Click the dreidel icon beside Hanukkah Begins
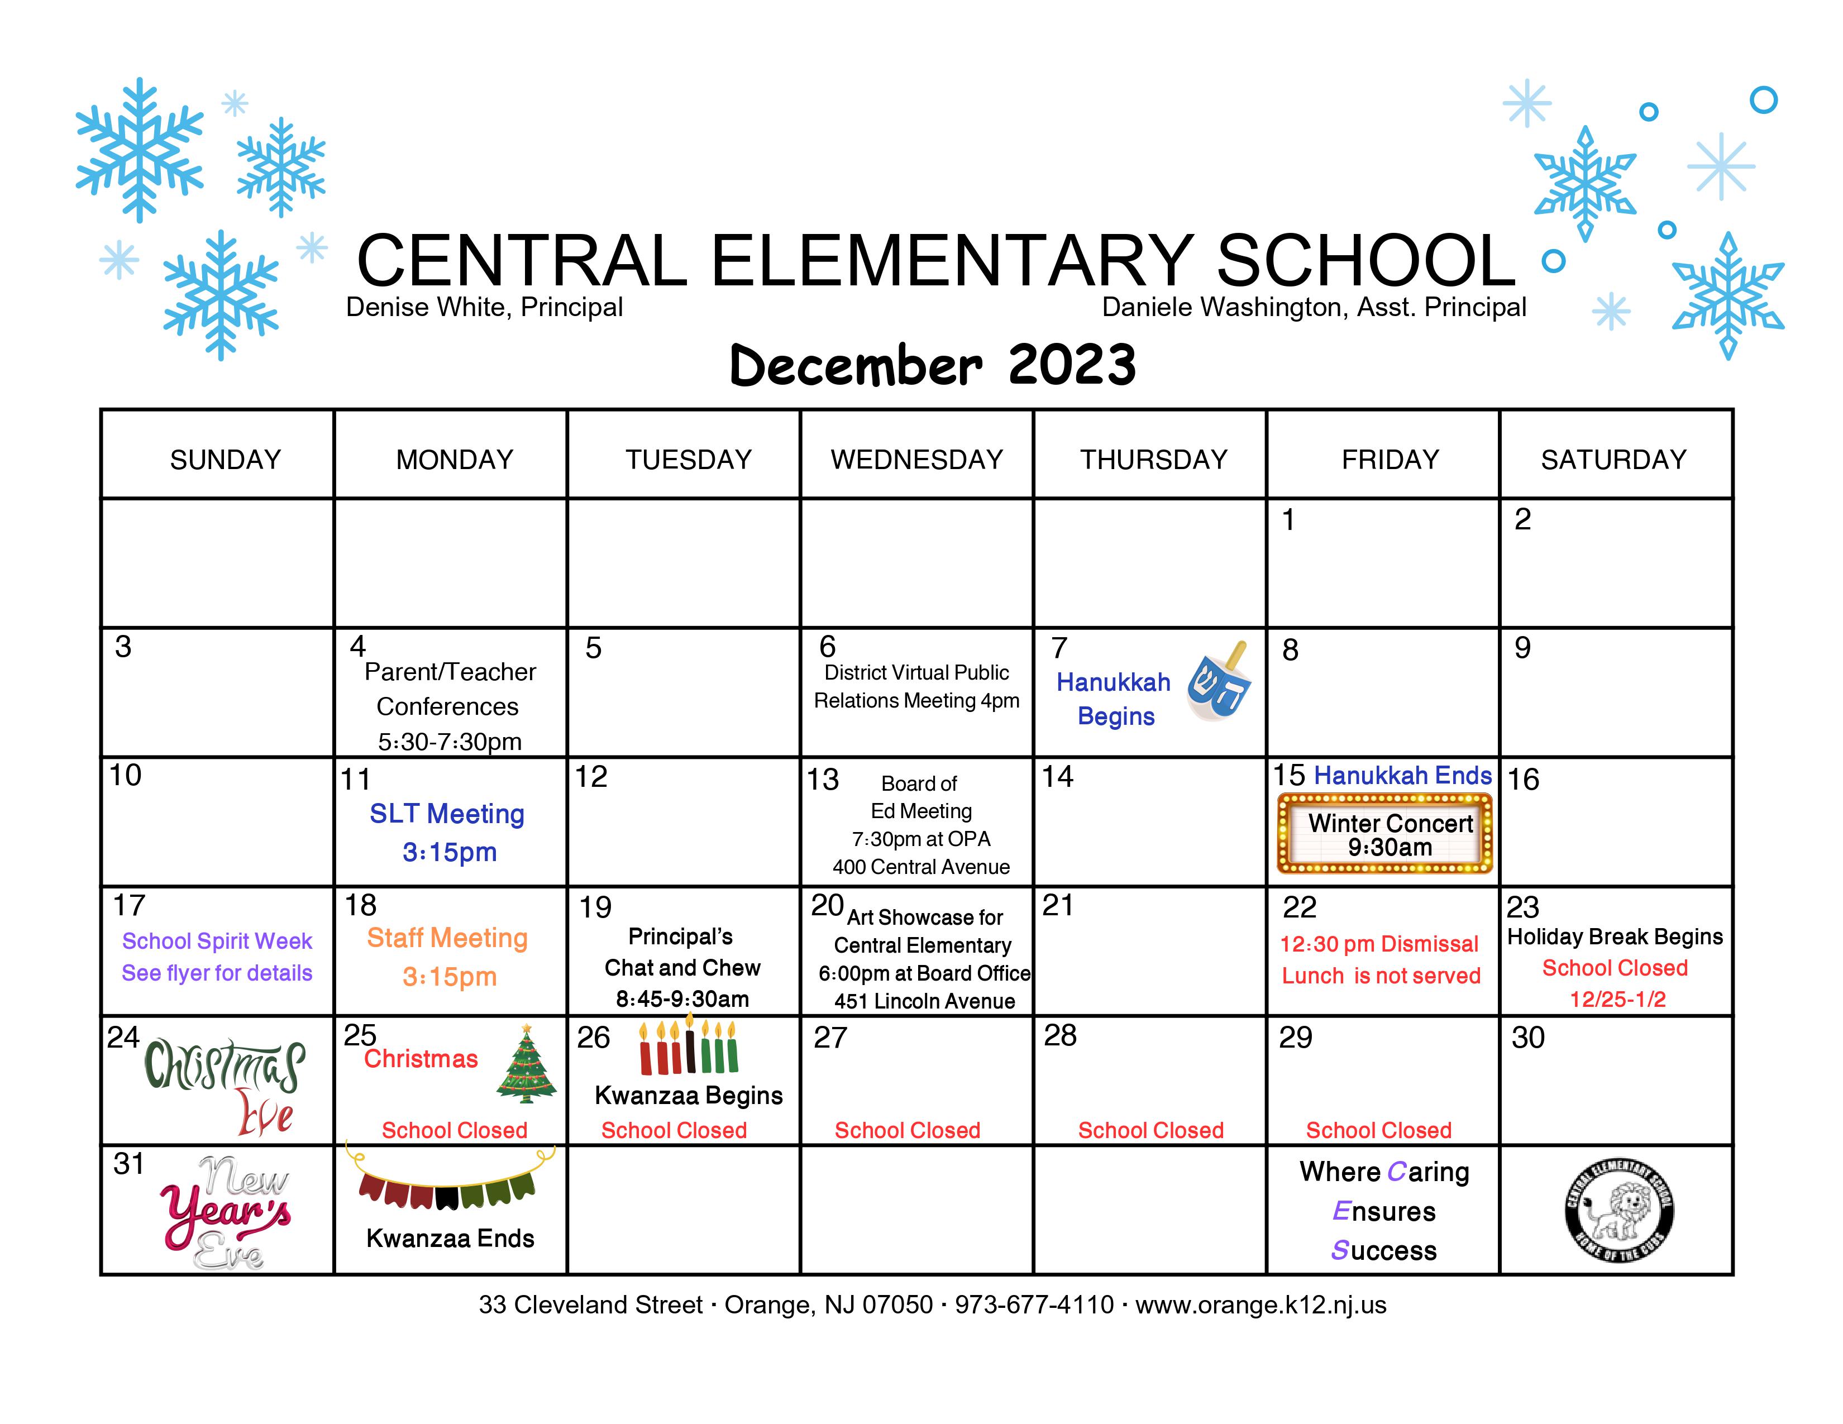pos(1219,682)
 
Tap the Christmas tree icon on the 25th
pos(527,1063)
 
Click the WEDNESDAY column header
pos(917,460)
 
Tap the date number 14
pos(1057,776)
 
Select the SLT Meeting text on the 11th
pos(447,814)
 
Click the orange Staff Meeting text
pos(447,938)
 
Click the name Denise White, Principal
pos(484,307)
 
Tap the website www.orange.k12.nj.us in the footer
pos(1261,1305)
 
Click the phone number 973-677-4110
pos(1034,1305)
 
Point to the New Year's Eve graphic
pos(226,1213)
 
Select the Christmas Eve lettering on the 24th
pos(225,1088)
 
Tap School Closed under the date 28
pos(1151,1130)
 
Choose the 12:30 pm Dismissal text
pos(1379,944)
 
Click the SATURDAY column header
pos(1613,460)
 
